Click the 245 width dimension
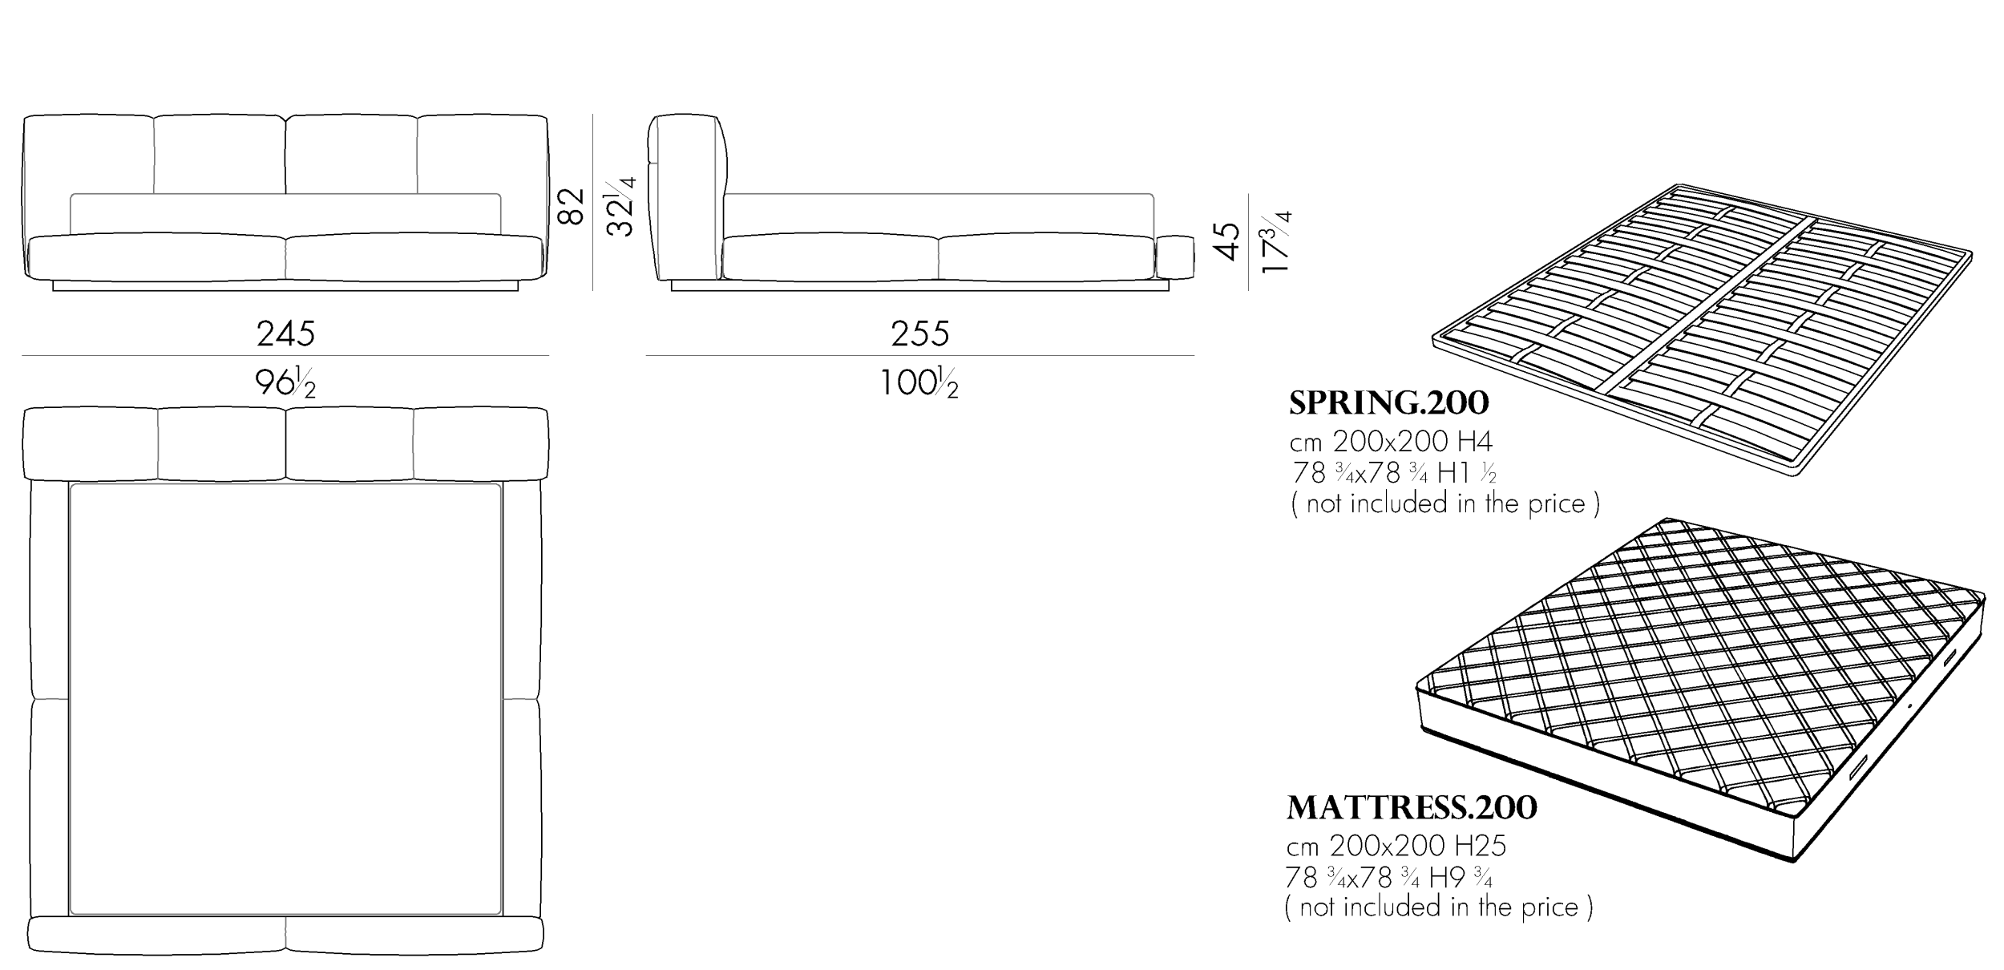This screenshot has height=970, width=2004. [x=286, y=333]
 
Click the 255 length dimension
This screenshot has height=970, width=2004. [x=920, y=333]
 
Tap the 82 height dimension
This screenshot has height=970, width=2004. [x=571, y=207]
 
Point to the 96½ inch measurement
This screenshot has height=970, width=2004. [x=286, y=382]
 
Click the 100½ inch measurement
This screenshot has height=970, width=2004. [x=919, y=382]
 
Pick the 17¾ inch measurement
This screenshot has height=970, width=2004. [x=1275, y=241]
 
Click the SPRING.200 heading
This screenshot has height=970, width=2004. [x=1388, y=403]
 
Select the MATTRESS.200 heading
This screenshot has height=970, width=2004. [x=1412, y=807]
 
